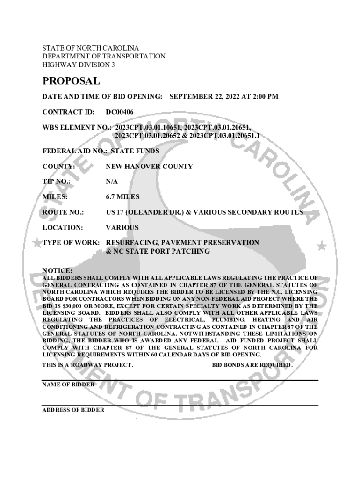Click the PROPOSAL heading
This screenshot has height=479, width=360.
point(71,81)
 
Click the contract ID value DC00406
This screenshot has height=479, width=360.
point(120,112)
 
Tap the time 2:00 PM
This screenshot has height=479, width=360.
point(265,97)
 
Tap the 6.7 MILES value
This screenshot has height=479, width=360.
point(122,197)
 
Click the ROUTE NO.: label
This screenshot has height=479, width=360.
point(63,212)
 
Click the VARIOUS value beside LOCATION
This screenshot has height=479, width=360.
point(122,227)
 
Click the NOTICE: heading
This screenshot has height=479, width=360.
point(57,270)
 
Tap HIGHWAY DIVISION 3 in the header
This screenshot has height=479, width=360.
point(79,65)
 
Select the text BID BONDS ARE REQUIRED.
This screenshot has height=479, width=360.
point(252,365)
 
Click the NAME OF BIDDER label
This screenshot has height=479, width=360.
point(68,384)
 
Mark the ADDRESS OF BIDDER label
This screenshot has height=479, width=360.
point(73,410)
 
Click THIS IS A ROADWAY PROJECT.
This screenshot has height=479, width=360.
point(87,365)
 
